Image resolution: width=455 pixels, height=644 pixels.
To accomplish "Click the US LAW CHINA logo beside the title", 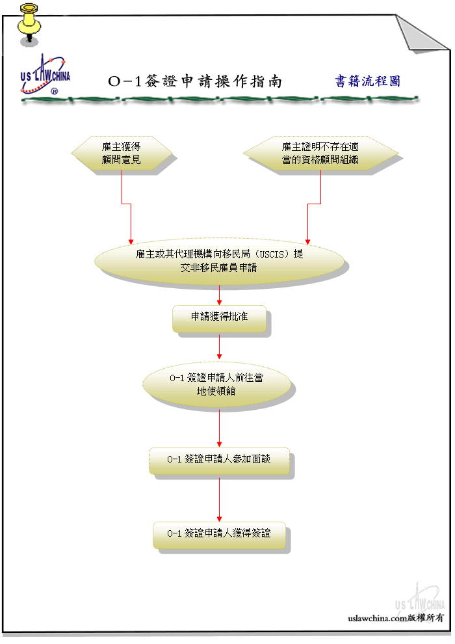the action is (45, 74).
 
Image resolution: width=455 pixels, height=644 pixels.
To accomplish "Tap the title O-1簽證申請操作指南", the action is (195, 81).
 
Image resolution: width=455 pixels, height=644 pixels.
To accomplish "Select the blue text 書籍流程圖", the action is (367, 81).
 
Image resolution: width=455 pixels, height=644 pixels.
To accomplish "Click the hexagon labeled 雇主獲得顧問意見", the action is (122, 154).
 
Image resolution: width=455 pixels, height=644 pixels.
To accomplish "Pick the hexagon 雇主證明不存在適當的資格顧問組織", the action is (320, 154).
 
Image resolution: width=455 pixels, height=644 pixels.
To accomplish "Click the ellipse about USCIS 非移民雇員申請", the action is (219, 261).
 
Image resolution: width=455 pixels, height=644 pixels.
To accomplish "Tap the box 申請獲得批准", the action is (219, 318).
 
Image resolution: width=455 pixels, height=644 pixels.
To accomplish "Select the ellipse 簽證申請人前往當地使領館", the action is (216, 384).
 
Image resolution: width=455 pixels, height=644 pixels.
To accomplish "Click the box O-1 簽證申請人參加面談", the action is (219, 461).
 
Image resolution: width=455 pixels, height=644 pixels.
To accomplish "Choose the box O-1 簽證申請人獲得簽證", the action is (219, 535).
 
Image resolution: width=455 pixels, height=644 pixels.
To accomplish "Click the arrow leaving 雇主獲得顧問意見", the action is (126, 204).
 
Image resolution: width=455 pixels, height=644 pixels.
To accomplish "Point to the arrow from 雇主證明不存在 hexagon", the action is (314, 204).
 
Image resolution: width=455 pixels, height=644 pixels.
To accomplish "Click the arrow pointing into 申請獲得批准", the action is (219, 295).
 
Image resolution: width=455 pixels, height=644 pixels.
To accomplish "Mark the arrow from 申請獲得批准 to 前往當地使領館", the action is (219, 346).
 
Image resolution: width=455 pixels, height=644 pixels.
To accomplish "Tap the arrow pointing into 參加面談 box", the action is (219, 427).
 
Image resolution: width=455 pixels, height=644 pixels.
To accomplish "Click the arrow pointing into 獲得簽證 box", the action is (219, 498).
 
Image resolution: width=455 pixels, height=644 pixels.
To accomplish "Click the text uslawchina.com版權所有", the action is (396, 618).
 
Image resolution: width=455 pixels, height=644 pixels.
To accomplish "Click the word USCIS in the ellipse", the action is (272, 254).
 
